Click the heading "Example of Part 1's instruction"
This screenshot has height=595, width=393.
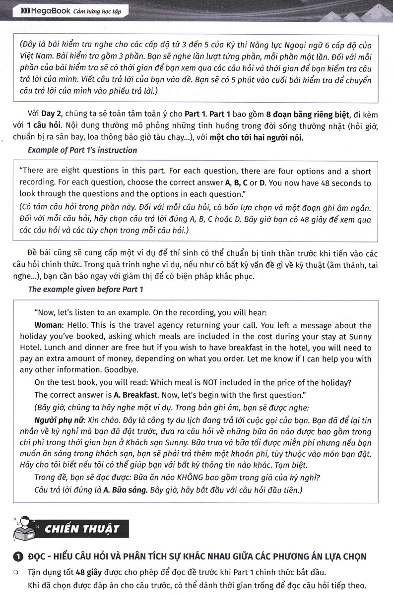[82, 150]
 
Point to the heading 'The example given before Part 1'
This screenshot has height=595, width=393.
[85, 289]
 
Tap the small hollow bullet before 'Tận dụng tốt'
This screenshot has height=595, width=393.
[16, 572]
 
